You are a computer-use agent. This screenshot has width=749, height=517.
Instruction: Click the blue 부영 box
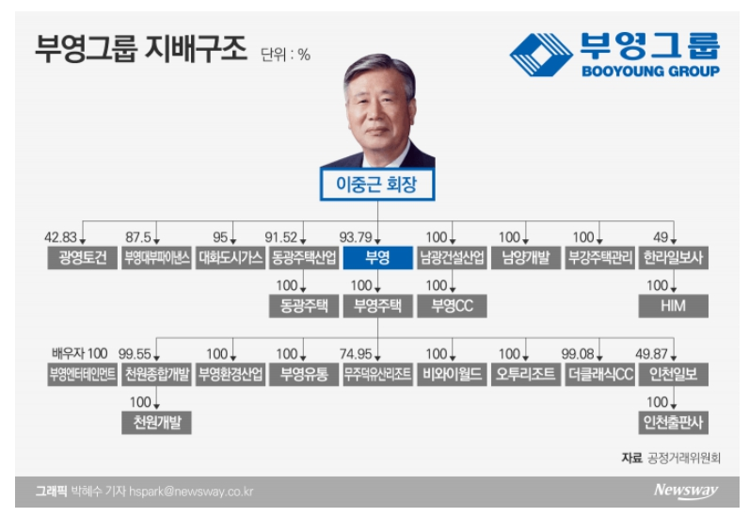[x=378, y=258]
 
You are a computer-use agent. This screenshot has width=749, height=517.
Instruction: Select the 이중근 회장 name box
[x=377, y=185]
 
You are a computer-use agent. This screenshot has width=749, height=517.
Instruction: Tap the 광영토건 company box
[x=82, y=258]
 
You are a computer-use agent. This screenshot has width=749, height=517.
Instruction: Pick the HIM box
[x=674, y=306]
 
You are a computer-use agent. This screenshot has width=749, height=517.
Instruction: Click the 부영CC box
[x=452, y=306]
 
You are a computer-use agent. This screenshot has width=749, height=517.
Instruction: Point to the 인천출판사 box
[x=674, y=422]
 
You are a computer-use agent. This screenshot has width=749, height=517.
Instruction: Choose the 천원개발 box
[x=157, y=422]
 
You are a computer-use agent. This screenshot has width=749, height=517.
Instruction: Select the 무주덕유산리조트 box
[x=378, y=374]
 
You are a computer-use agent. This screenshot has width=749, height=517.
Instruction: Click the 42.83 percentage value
[x=60, y=237]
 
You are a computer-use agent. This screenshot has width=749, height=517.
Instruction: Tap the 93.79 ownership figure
[x=356, y=237]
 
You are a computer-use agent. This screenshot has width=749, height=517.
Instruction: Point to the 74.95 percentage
[x=356, y=354]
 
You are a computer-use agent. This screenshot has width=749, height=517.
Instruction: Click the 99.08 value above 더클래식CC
[x=578, y=354]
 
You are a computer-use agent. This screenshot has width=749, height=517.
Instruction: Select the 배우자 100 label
[x=80, y=353]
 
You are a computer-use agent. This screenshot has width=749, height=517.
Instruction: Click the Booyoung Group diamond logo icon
[x=541, y=55]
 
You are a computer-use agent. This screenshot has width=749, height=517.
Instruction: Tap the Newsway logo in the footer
[x=686, y=491]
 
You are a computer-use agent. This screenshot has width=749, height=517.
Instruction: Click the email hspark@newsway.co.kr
[x=191, y=492]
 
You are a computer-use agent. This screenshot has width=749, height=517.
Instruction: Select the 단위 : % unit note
[x=285, y=55]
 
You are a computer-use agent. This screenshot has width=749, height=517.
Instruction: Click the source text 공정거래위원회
[x=683, y=459]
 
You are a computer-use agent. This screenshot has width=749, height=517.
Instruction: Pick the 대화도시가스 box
[x=231, y=258]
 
